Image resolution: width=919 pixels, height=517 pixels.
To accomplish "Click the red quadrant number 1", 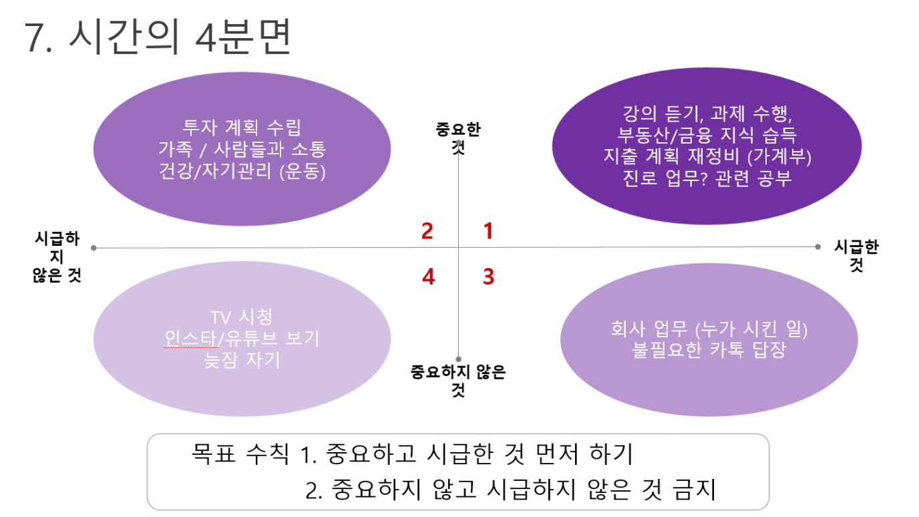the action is coord(488,230).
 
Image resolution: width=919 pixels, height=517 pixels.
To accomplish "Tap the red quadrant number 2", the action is coord(427,230).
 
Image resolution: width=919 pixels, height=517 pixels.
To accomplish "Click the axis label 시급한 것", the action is coord(857,255).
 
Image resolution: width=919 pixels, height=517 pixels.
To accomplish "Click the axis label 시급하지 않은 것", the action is coord(57,257).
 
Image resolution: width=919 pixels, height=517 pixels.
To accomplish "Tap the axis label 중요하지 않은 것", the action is coord(458,380).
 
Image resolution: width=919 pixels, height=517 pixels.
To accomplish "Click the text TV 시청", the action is coord(241,317).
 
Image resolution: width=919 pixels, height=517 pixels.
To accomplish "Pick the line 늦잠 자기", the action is coord(242,360).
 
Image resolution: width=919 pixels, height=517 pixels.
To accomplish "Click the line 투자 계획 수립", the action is coord(242,127).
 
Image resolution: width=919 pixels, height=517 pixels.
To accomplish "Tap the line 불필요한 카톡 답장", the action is coord(709,350).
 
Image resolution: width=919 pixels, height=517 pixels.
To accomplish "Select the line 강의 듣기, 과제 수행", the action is coord(707,114).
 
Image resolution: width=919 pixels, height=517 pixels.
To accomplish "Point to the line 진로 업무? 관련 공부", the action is coord(707,178).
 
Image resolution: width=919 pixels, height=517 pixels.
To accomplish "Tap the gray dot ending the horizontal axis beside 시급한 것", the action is coord(817,246).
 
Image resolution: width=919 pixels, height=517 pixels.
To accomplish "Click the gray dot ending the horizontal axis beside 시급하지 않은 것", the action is coord(94,248).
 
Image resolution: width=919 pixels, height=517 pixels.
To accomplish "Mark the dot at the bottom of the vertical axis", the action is coord(458,359).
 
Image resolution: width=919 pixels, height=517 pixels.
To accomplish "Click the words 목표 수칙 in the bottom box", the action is coord(240,454).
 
